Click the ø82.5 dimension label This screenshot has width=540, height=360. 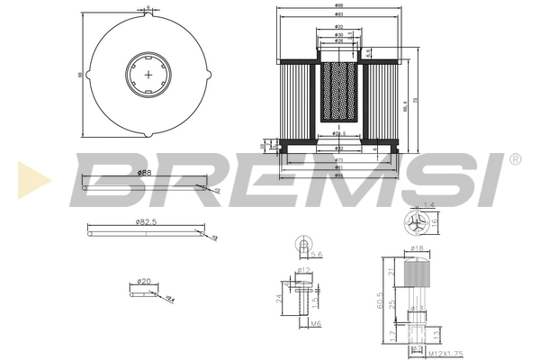pos(148,220)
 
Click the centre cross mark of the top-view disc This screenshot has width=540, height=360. pos(146,75)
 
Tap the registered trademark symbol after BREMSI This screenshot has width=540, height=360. pos(515,159)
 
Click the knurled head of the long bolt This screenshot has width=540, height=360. pos(417,269)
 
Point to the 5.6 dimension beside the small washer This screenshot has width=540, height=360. pos(317,255)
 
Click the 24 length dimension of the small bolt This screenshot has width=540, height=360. pos(280,297)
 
